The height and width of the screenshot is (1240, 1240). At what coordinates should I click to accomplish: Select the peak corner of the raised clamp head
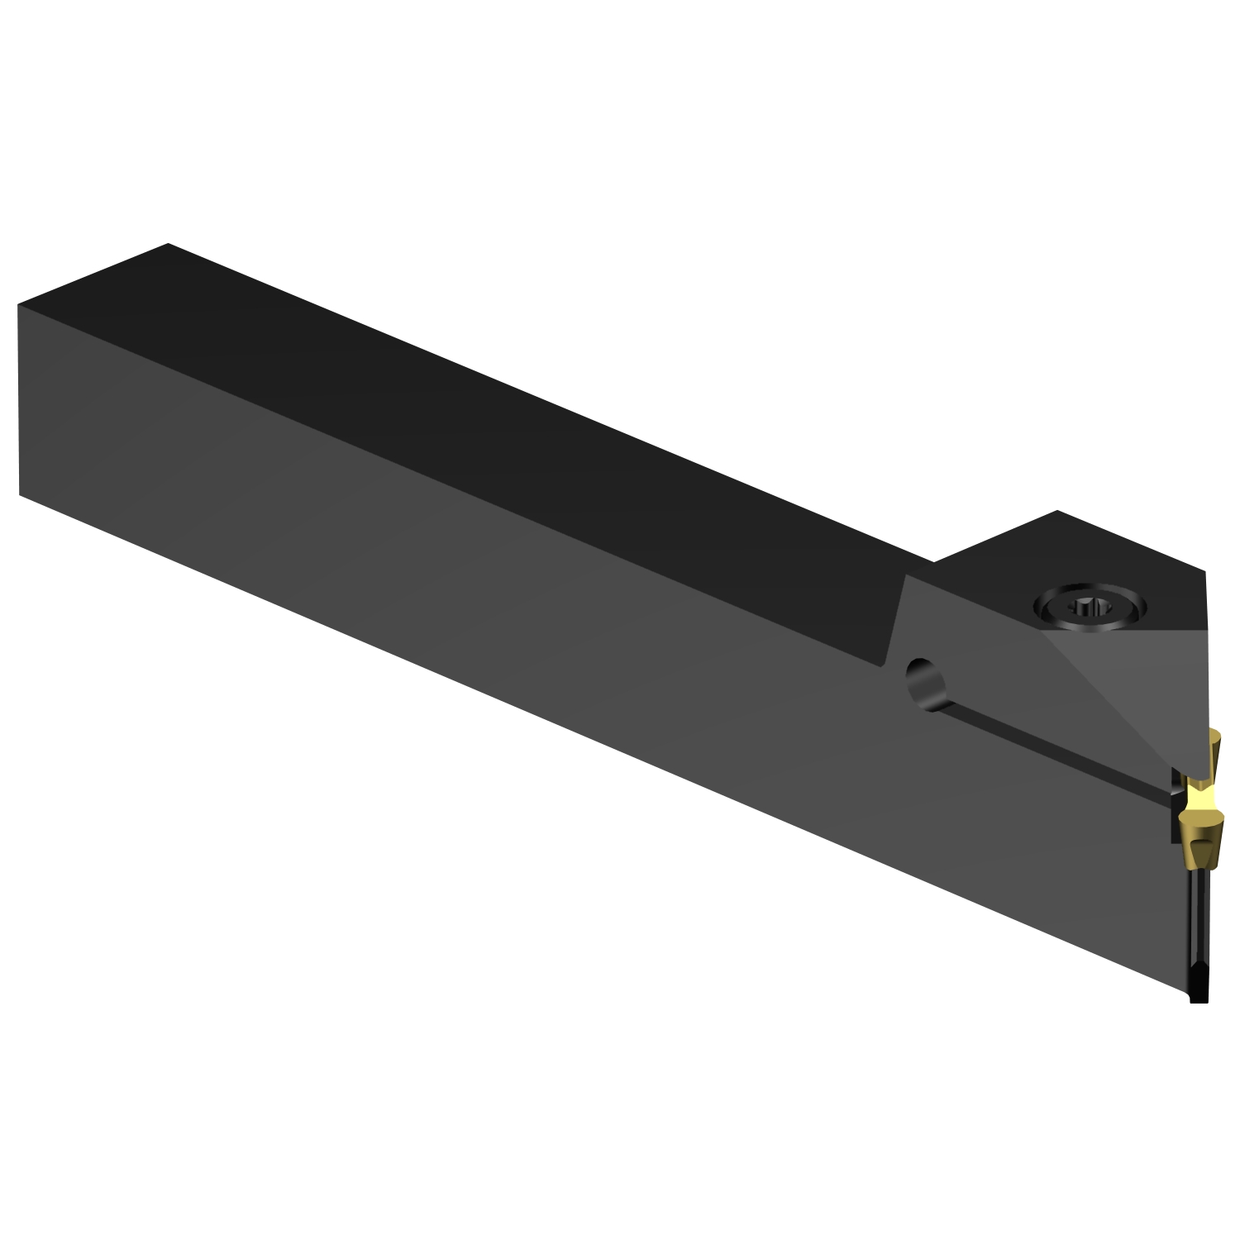click(1057, 512)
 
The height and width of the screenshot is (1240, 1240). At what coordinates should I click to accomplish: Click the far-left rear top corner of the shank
click(168, 245)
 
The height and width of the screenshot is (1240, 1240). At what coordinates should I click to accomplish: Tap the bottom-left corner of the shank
click(20, 495)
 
